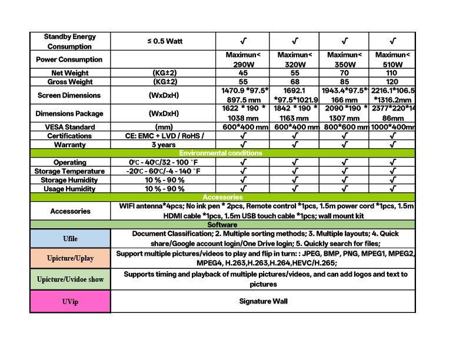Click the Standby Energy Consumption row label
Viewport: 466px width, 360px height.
[70, 41]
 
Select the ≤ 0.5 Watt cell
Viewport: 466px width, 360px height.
[165, 41]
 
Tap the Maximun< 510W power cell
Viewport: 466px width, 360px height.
[392, 59]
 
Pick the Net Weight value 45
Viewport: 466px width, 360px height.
[243, 73]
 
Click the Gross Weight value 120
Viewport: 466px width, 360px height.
[392, 82]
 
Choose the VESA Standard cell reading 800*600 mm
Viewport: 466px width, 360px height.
[344, 127]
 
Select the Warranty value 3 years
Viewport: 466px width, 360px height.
[164, 145]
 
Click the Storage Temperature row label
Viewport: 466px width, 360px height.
[70, 171]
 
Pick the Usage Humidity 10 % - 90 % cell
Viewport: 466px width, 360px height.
[165, 189]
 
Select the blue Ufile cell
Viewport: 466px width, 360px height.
[70, 239]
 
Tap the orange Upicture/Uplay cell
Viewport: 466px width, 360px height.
[70, 258]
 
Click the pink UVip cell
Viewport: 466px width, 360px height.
[70, 301]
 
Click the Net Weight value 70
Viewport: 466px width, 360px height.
[344, 73]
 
